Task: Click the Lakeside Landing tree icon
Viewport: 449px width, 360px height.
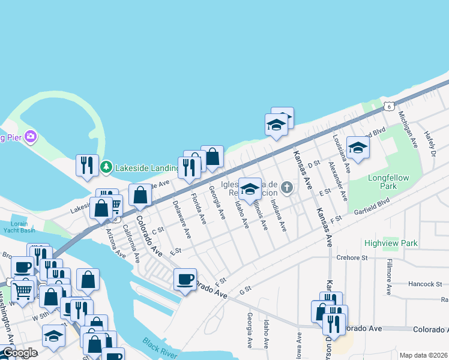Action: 106,166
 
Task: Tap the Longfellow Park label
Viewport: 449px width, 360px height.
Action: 388,182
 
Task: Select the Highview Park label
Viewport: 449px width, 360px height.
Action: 390,243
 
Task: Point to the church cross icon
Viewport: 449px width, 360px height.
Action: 287,188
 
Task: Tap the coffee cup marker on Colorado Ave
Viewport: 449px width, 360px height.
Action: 185,279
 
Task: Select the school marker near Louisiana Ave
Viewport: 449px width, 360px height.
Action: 358,148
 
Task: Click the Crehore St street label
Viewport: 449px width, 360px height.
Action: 352,257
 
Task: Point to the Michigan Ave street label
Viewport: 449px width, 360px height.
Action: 408,133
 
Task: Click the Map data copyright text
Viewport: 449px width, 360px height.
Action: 424,355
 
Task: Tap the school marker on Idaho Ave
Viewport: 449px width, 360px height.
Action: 250,190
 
